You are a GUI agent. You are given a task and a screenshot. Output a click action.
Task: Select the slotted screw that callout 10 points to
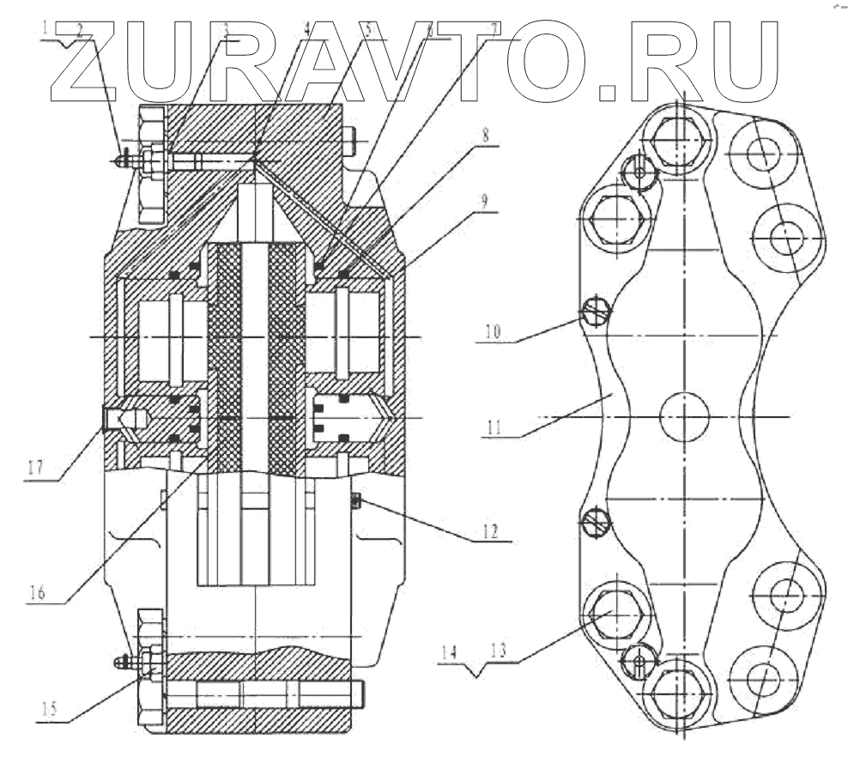coord(596,312)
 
